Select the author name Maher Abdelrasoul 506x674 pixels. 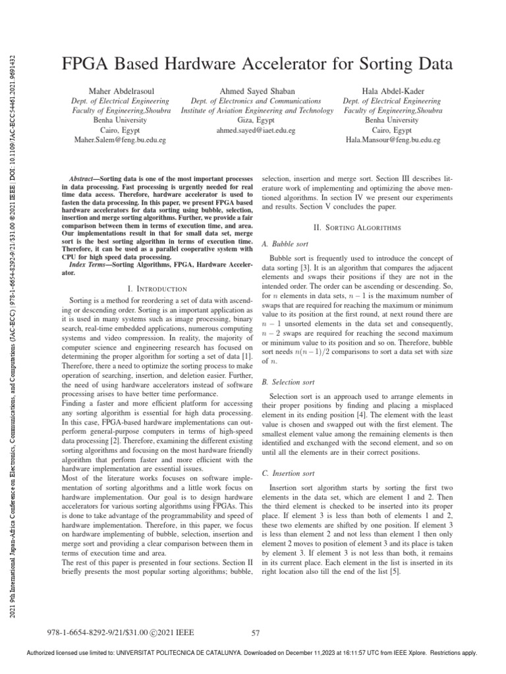[x=119, y=90]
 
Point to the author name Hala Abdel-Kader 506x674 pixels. [x=391, y=90]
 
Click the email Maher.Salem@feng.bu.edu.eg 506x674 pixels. [x=119, y=140]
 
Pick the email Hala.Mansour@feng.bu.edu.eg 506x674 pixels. [x=391, y=140]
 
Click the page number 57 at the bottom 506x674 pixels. [x=257, y=633]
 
